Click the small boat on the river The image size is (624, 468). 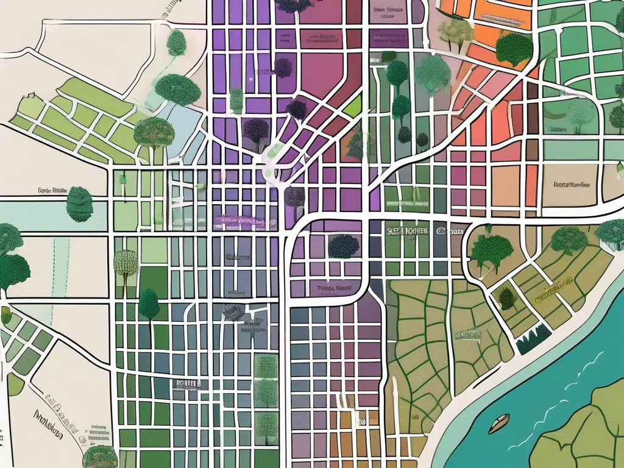coord(498,422)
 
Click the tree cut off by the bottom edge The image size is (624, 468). coord(99,456)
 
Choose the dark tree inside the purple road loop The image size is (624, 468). coord(343,246)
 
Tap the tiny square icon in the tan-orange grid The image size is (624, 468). coord(361,420)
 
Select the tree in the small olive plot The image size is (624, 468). coord(506,298)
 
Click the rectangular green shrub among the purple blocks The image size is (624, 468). coord(236,101)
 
